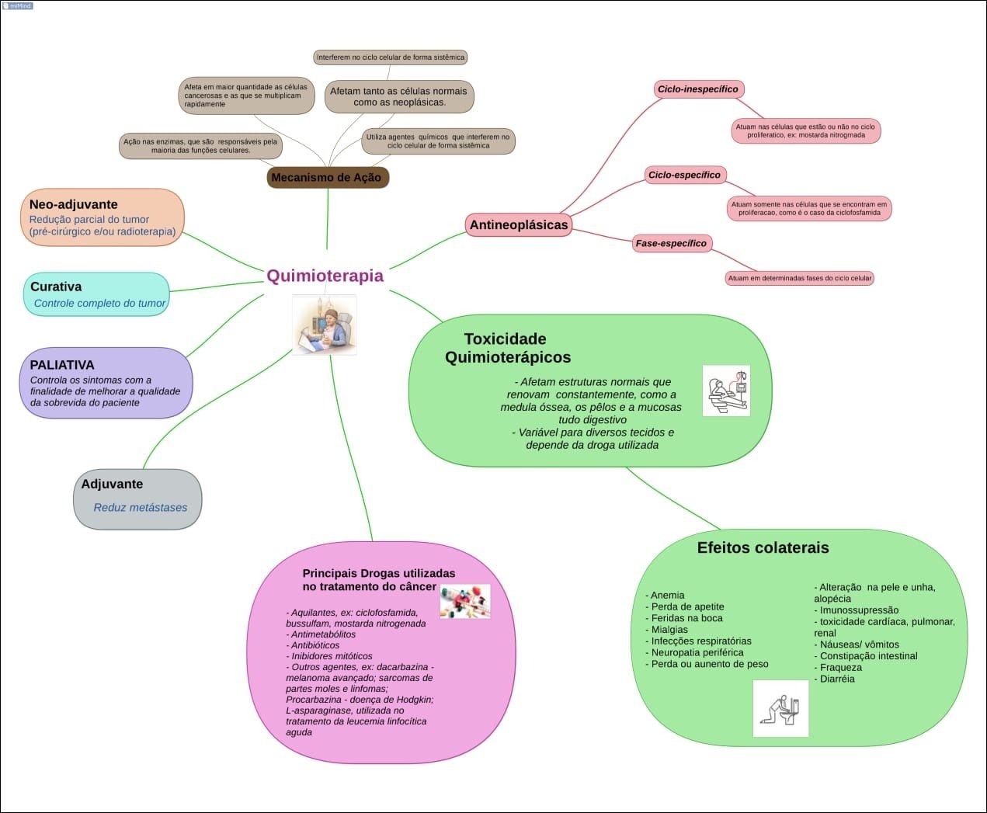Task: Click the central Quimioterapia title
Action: [325, 276]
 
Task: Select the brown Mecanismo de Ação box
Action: [327, 177]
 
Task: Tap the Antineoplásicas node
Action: [519, 225]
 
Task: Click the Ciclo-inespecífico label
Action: [697, 89]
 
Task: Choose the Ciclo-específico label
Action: [684, 175]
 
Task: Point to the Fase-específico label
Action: [671, 243]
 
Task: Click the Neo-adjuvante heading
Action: [74, 204]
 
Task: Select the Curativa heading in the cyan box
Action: [56, 287]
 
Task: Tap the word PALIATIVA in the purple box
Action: [62, 365]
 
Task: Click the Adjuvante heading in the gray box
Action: [112, 484]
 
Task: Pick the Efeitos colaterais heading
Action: [763, 547]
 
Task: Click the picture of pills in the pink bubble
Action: [465, 601]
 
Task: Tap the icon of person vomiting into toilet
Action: [780, 708]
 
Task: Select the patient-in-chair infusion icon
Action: [726, 391]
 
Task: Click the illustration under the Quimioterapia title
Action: [324, 325]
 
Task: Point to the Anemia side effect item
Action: [667, 595]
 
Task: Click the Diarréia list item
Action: [836, 679]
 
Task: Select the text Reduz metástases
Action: [141, 507]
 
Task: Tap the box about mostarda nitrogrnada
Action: [805, 130]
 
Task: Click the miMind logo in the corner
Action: [17, 5]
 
